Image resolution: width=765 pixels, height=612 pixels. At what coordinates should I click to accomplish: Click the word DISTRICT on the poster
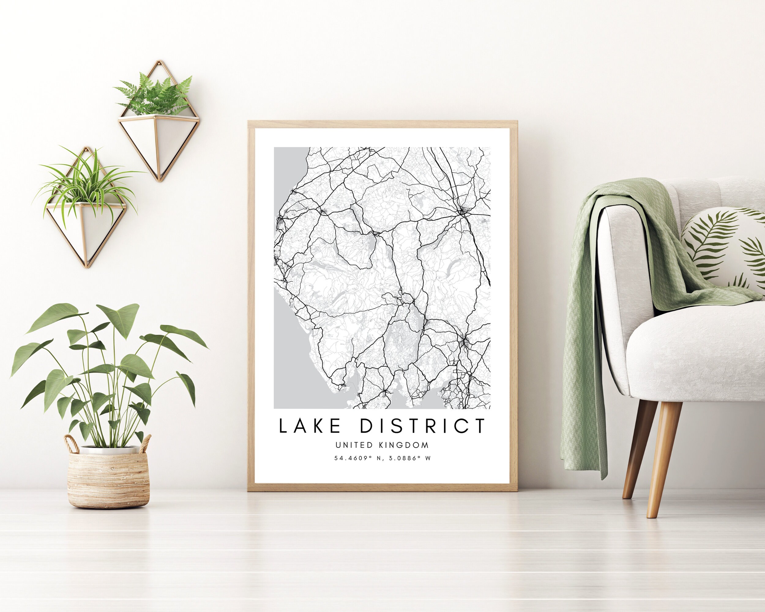click(x=422, y=426)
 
